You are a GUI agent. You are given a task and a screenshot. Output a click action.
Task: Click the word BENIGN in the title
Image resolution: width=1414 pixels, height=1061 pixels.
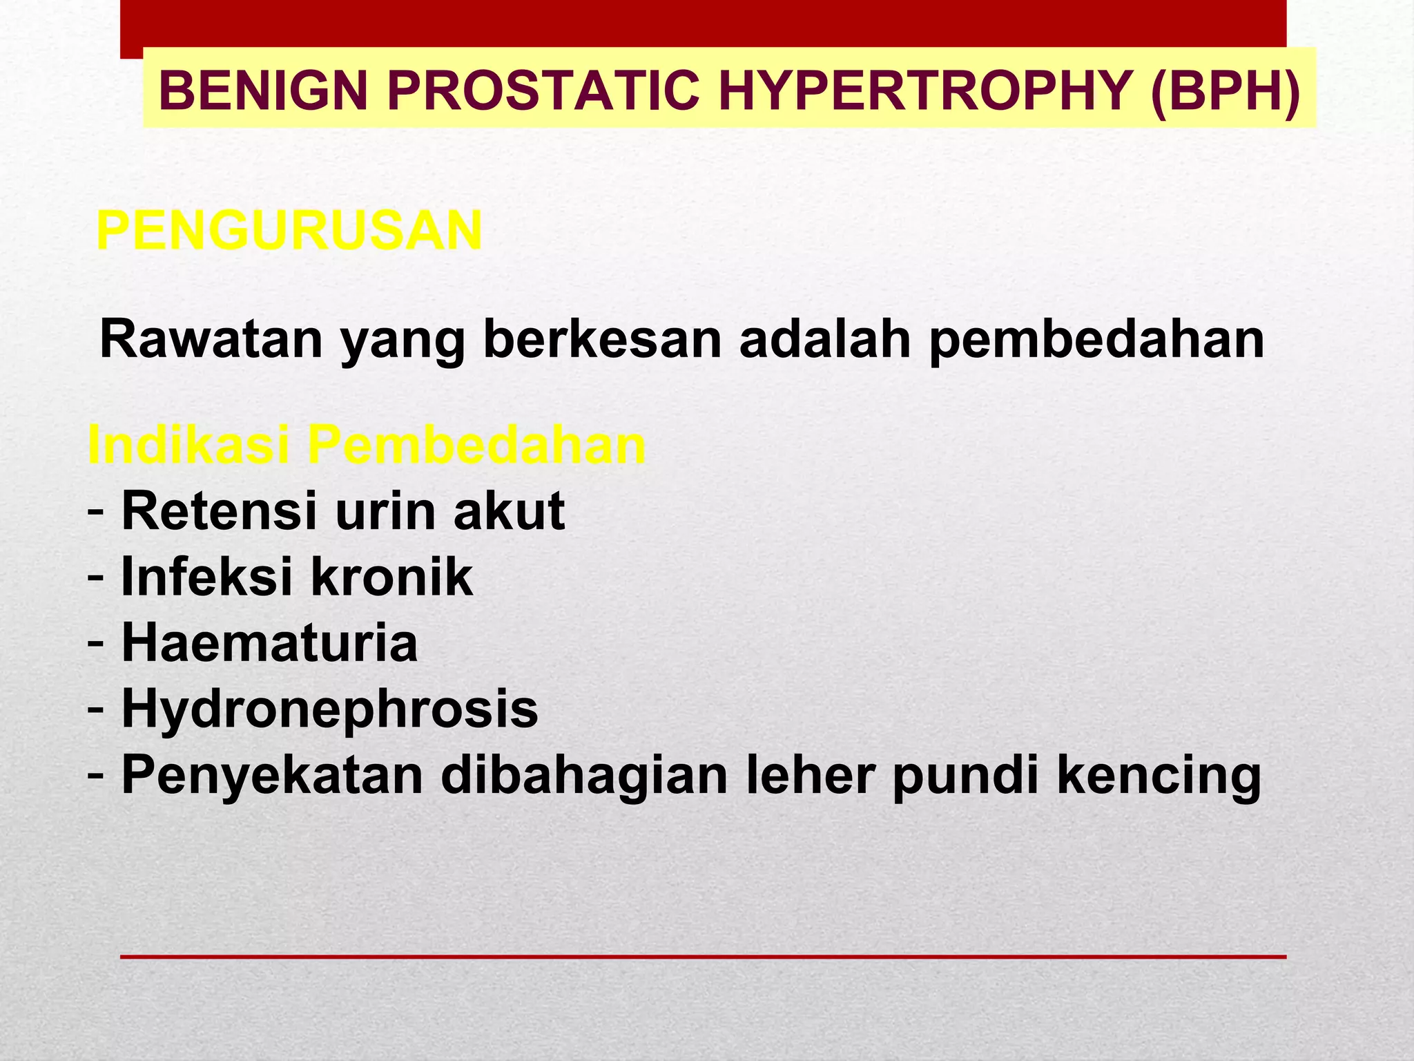(263, 91)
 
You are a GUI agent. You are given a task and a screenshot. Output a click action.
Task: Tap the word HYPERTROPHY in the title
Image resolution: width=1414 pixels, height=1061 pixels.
(925, 91)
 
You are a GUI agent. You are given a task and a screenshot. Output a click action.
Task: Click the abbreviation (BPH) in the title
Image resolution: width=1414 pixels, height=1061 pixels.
(1226, 91)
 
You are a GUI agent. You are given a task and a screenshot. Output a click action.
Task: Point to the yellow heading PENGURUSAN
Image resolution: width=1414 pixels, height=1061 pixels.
(289, 231)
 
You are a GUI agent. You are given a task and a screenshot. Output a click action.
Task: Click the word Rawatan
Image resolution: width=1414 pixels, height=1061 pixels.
(211, 339)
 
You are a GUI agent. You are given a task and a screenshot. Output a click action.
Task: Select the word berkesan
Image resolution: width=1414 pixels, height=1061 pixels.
(601, 339)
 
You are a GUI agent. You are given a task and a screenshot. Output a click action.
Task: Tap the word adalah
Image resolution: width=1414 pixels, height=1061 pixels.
(825, 339)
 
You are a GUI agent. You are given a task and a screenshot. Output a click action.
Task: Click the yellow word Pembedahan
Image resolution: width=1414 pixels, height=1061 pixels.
(476, 446)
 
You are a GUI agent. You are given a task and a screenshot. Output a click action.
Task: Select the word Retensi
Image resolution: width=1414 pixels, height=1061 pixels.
(219, 511)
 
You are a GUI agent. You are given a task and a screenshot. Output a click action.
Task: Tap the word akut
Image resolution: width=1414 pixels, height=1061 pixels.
(509, 511)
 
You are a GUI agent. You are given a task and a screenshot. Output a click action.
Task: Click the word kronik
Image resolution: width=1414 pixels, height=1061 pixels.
(391, 577)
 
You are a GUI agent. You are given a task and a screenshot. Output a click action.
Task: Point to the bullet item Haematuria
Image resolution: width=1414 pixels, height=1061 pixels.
(269, 643)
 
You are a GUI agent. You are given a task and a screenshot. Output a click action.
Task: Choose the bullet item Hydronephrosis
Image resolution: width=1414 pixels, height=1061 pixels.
(329, 709)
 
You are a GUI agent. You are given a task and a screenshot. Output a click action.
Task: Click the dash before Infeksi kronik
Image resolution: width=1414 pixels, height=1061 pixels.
(96, 577)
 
